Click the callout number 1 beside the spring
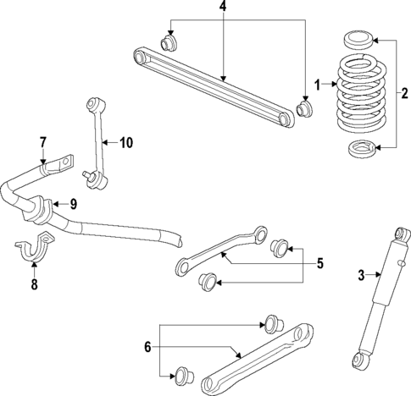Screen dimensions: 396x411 coord(317,85)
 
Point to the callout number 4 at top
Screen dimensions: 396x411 coord(223,8)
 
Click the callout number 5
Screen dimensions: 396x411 coord(320,264)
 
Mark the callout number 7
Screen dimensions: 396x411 coord(42,141)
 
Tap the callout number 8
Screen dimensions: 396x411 coord(34,285)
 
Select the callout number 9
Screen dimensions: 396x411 coord(73,203)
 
